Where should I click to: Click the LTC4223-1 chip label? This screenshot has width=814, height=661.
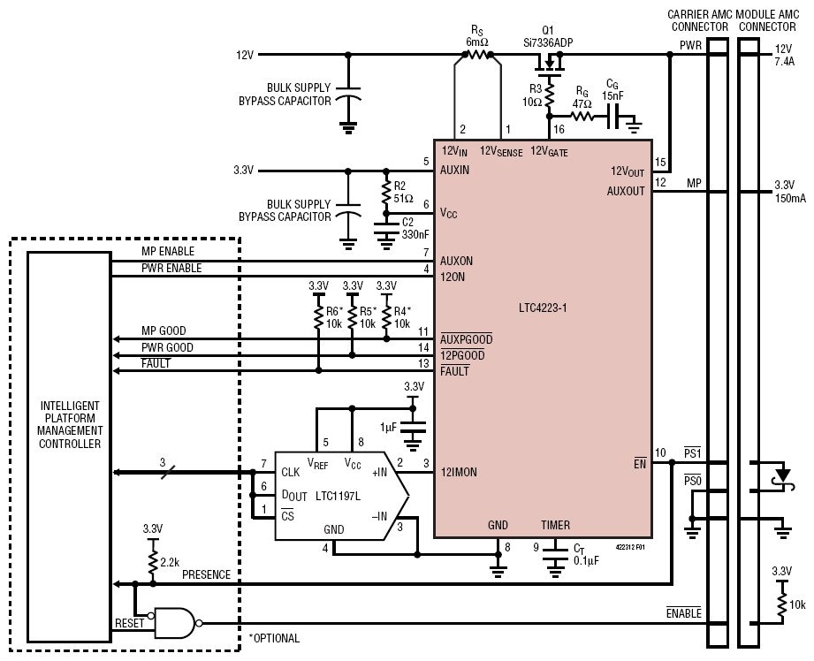(543, 308)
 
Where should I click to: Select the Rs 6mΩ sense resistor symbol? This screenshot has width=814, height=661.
(477, 54)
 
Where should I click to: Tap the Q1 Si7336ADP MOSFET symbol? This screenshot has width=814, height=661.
(550, 65)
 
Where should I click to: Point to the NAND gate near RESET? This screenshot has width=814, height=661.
(175, 623)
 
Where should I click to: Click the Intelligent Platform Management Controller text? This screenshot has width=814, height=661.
(70, 424)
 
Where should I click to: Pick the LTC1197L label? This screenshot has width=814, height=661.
(338, 496)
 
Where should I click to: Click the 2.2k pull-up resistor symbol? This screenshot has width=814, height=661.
(153, 562)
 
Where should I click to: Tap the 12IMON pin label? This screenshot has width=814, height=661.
(459, 472)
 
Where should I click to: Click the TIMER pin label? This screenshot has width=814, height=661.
(555, 525)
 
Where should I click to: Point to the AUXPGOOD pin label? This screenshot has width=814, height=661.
(466, 339)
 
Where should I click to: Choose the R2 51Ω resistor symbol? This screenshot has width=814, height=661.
(385, 192)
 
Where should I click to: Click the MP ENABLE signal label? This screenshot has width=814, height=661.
(168, 251)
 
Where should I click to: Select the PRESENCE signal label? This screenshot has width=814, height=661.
(206, 574)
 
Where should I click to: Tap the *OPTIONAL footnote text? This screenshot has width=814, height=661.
(274, 638)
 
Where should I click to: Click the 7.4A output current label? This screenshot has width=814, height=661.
(785, 61)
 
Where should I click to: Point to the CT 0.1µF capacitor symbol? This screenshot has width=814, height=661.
(555, 555)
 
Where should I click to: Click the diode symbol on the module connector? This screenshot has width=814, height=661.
(782, 476)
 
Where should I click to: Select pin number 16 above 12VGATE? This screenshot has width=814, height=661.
(559, 129)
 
